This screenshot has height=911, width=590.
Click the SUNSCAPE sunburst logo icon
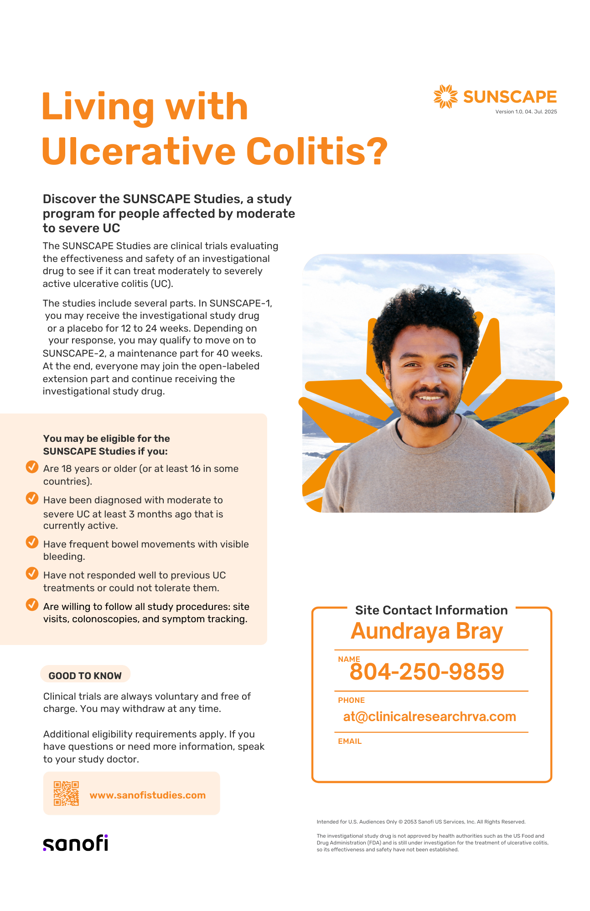click(445, 97)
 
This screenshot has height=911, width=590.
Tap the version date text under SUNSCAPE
click(526, 112)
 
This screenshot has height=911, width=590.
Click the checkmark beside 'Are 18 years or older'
click(32, 467)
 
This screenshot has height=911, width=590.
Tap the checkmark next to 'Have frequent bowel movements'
click(32, 543)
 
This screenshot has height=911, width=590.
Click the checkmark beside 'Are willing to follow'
click(32, 605)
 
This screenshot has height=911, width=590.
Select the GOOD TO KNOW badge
click(85, 676)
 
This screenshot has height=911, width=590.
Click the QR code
click(66, 793)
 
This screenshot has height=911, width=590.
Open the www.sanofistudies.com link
click(147, 795)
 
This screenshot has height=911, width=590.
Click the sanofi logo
click(76, 843)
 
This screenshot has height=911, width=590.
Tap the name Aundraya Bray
click(427, 632)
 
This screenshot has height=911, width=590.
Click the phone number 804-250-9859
click(427, 672)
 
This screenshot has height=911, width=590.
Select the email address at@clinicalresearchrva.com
click(430, 717)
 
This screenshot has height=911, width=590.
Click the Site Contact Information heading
click(431, 610)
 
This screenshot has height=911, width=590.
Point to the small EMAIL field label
click(350, 742)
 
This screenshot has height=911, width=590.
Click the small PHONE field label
click(351, 701)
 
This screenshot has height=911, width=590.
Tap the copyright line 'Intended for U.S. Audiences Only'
click(421, 822)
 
